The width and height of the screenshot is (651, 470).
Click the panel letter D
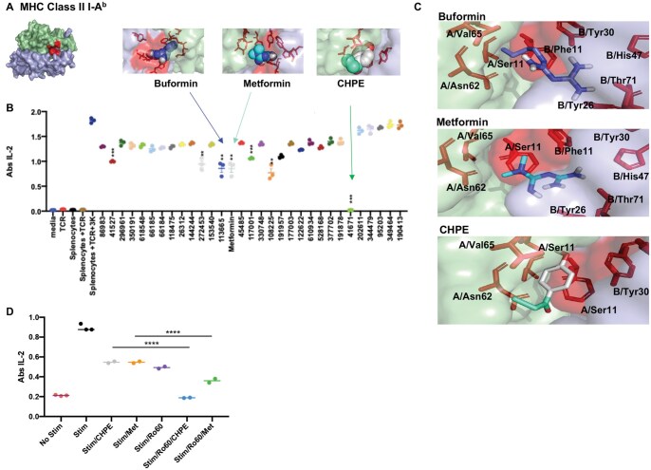pos(9,308)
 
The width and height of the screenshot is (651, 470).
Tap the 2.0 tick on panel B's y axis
pos(35,112)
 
